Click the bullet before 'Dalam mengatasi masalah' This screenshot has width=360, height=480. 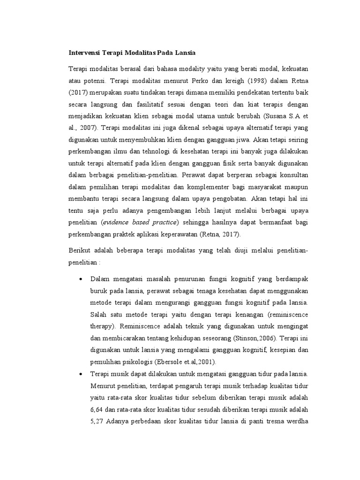81,279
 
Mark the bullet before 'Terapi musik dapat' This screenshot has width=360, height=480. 81,374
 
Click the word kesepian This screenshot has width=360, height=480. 275,350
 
